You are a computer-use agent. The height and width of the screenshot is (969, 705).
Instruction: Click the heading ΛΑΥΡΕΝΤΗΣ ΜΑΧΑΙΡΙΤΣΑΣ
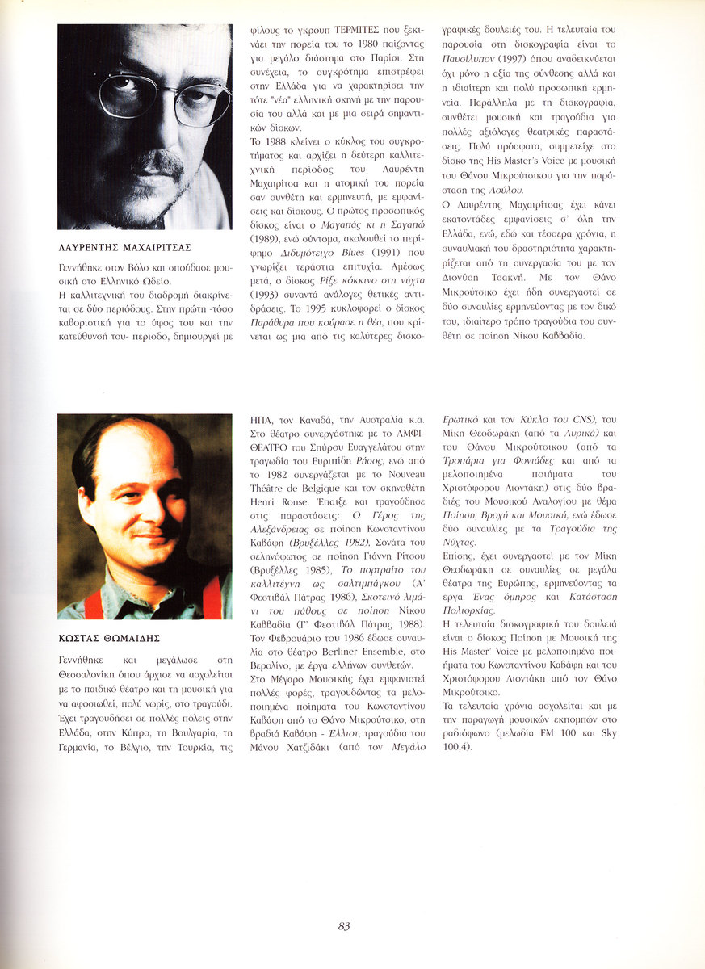coord(124,246)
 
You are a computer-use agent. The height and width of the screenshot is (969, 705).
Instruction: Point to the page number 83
coord(344,926)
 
